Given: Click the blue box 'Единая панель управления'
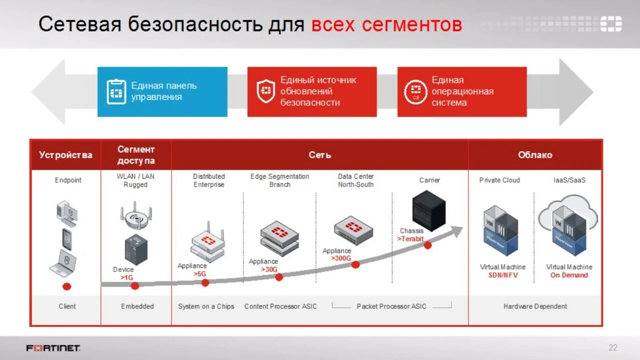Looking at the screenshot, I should (x=162, y=91).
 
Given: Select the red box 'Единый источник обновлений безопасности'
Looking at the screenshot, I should (x=311, y=91).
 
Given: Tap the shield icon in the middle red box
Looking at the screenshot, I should (x=265, y=90).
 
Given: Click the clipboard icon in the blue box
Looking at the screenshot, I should (x=116, y=91).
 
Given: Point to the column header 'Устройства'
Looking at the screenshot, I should (x=65, y=155).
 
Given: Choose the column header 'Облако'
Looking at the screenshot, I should (x=535, y=155).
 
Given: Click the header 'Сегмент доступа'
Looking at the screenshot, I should (x=136, y=155).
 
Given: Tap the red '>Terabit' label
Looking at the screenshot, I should (x=410, y=238).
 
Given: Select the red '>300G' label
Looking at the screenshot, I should (x=340, y=258).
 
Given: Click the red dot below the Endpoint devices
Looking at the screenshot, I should (x=66, y=286).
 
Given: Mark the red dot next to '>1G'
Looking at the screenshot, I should (x=134, y=285).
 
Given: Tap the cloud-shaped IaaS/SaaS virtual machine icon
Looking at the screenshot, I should (x=568, y=226).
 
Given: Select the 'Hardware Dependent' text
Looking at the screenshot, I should (x=535, y=306).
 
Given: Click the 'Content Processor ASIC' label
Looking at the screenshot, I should (x=280, y=306).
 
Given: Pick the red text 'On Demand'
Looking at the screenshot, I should (x=569, y=275).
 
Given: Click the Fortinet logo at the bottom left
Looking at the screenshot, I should (x=53, y=348).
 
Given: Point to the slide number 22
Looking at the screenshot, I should (x=613, y=348).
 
